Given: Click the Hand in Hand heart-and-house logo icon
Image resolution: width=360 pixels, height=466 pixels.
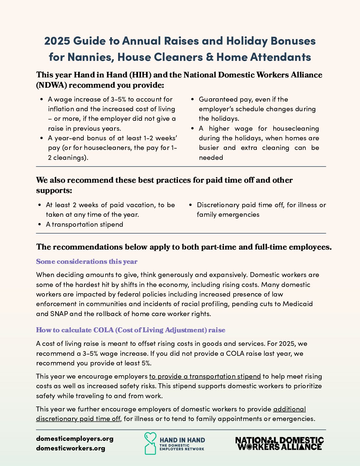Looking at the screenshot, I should click(x=150, y=443).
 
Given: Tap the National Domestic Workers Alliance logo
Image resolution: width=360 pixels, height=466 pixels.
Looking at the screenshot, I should click(x=279, y=443).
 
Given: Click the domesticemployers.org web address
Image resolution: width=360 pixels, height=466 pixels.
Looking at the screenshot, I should click(x=75, y=439).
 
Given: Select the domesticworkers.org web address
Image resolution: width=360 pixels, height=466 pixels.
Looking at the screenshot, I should click(x=70, y=448).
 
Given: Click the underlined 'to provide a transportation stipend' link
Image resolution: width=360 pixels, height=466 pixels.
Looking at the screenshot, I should click(x=205, y=376).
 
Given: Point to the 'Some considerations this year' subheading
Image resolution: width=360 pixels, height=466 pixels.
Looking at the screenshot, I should click(x=87, y=261).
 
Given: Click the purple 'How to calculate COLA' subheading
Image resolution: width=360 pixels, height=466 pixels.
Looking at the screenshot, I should click(x=130, y=330).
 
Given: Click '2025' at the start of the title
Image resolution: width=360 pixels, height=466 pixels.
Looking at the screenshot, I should click(x=57, y=41).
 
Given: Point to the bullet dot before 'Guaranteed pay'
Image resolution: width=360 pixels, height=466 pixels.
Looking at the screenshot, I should click(x=193, y=99).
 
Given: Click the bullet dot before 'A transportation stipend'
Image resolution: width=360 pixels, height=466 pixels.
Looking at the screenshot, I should click(x=40, y=224).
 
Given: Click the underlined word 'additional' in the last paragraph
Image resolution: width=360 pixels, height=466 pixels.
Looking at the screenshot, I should click(x=290, y=409).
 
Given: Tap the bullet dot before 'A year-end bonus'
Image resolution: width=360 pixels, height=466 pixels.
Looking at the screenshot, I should click(x=42, y=138).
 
